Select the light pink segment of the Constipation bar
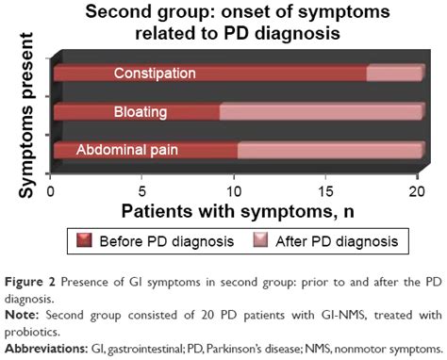tap(394, 74)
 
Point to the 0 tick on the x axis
tap(53, 188)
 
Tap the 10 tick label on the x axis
tap(235, 188)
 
